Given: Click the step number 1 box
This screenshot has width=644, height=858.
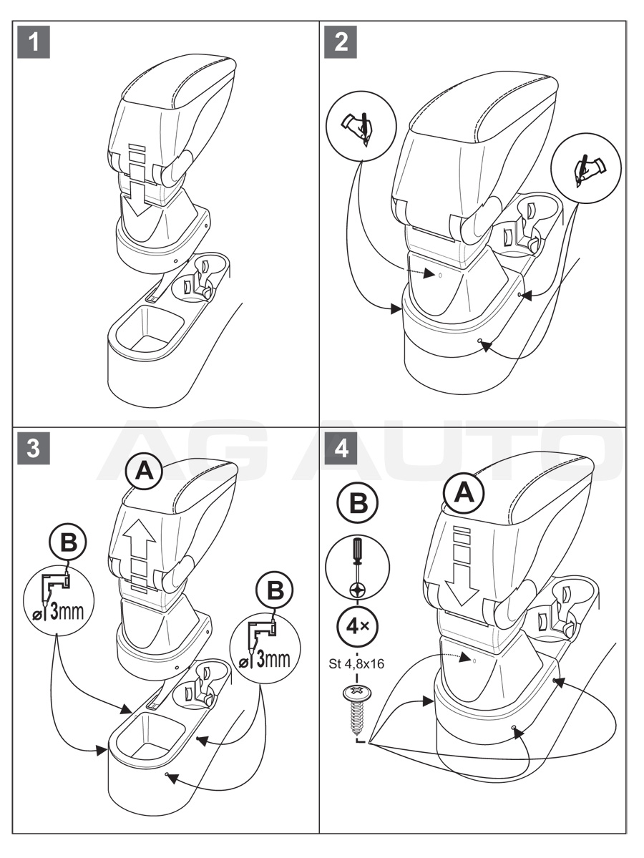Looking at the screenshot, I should click(x=34, y=43).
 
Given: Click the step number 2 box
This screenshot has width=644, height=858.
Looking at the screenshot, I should click(x=341, y=43).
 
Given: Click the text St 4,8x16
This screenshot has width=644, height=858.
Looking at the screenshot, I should click(x=358, y=663).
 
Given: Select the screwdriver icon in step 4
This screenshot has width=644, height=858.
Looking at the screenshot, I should click(x=358, y=565).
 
